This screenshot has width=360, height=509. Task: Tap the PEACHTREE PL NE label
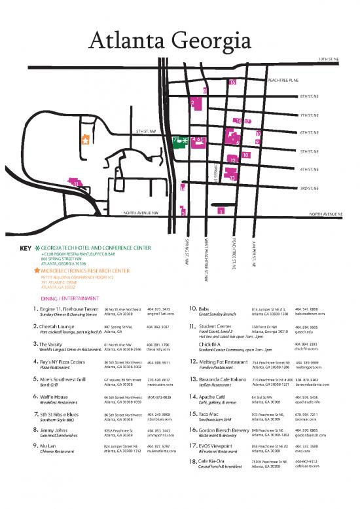tap(283, 80)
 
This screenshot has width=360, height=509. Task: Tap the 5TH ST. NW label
tap(145, 132)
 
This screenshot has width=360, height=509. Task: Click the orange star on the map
tap(84, 140)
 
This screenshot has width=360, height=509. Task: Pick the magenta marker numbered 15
tap(232, 83)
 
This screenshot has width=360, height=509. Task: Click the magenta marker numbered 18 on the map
tap(245, 155)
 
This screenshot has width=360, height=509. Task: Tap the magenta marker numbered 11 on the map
tap(76, 184)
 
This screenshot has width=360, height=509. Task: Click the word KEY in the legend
tap(26, 249)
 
